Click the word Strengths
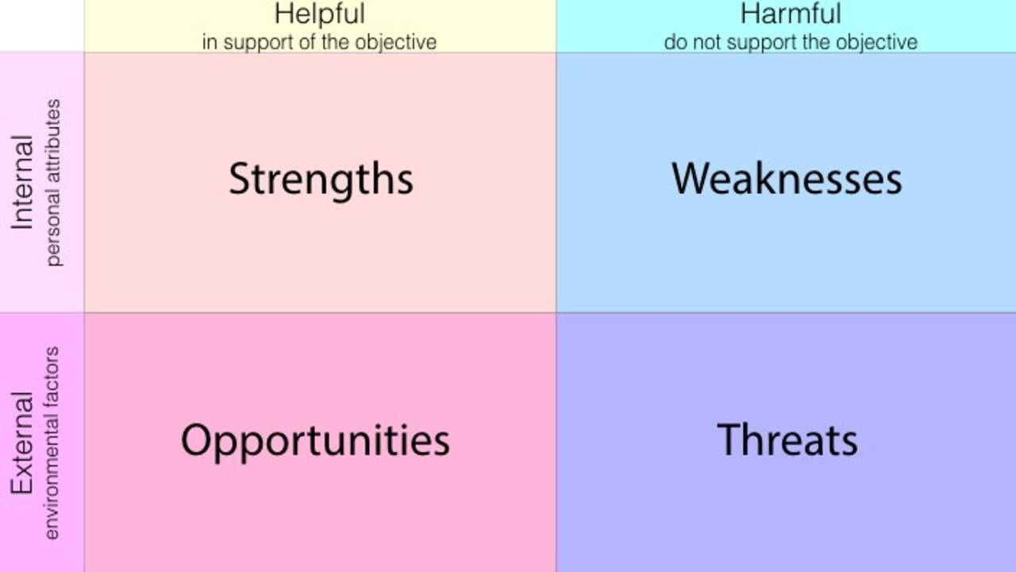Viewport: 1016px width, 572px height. point(321,180)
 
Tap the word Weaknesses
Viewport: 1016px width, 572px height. point(787,179)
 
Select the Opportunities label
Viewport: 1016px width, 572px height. point(315,440)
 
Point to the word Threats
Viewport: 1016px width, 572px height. point(787,439)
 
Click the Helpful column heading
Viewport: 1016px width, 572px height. point(319,14)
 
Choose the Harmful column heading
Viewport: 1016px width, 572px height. point(790,14)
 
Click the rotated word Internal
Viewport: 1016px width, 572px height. point(22,183)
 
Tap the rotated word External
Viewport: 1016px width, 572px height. point(22,442)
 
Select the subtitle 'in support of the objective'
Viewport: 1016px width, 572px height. point(319,41)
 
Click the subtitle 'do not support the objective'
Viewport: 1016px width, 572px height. point(791,41)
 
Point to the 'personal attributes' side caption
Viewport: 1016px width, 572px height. point(53,183)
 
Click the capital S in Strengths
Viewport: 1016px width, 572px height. point(238,179)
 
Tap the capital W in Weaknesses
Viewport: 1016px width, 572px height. point(689,178)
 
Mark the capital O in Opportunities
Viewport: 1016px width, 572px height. point(196,439)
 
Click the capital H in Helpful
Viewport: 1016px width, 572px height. point(282,14)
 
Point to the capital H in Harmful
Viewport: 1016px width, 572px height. point(748,14)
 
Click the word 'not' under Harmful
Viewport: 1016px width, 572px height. point(702,41)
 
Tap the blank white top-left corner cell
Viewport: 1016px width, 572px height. point(41,25)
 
